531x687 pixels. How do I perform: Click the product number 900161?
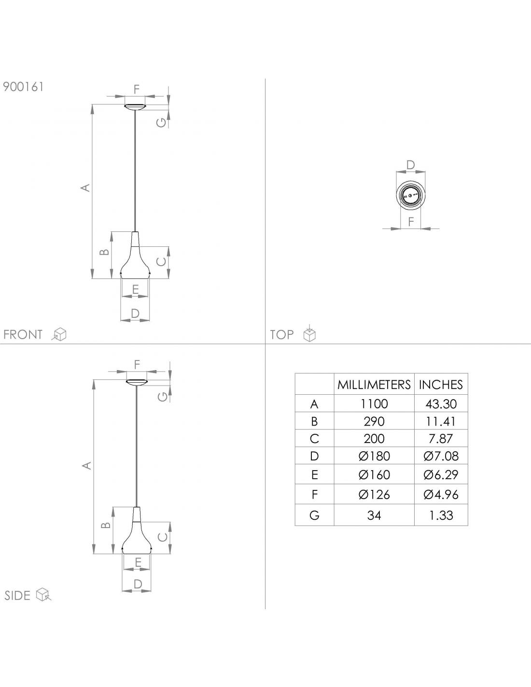pyautogui.click(x=23, y=86)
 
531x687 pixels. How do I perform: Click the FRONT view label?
pyautogui.click(x=23, y=334)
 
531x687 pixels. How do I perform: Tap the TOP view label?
pyautogui.click(x=282, y=334)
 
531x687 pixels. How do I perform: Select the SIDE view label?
pyautogui.click(x=17, y=596)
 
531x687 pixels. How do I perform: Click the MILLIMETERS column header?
pyautogui.click(x=374, y=385)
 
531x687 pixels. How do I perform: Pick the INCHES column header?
pyautogui.click(x=441, y=385)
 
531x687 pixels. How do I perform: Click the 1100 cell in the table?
pyautogui.click(x=374, y=404)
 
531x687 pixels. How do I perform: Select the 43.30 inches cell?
pyautogui.click(x=441, y=404)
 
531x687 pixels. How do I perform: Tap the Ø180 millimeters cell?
pyautogui.click(x=374, y=456)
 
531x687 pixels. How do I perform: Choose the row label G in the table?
pyautogui.click(x=314, y=515)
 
